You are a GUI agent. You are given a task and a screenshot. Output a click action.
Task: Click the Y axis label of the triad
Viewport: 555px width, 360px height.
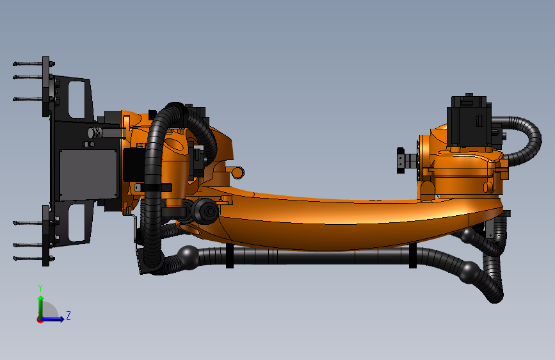coord(40,288)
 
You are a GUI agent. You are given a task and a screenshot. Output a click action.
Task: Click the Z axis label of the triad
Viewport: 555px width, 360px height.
coord(68,316)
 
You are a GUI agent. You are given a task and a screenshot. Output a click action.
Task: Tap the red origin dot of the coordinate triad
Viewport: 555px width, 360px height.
coord(40,320)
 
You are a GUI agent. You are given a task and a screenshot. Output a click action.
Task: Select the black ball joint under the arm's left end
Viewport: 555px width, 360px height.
coord(189,257)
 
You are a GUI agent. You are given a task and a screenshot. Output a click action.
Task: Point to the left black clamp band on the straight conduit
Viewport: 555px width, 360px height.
coord(229,256)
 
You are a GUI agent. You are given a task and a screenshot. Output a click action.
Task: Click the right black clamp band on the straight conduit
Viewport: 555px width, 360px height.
coord(413,256)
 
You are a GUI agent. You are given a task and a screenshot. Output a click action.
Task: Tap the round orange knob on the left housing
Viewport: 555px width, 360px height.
coord(237,172)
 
